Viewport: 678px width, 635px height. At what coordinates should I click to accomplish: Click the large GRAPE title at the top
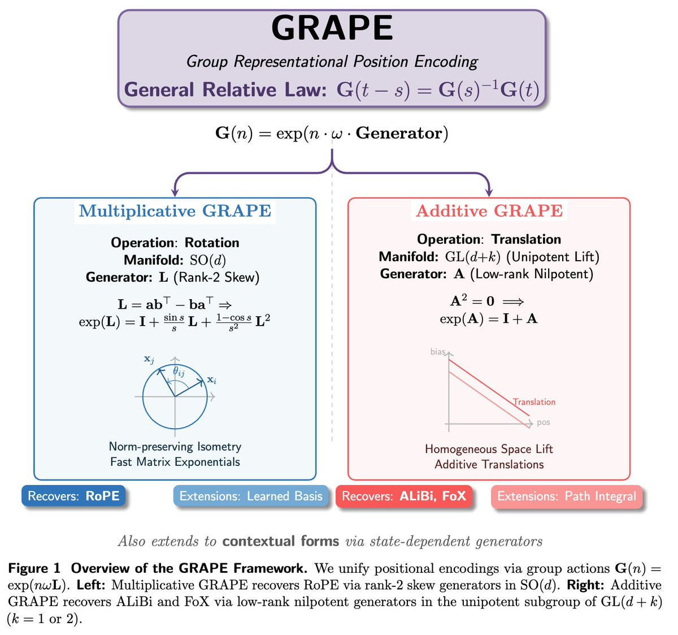(332, 28)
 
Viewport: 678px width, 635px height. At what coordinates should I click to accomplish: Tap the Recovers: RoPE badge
(73, 496)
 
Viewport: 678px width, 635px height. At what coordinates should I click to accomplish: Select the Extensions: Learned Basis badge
(251, 496)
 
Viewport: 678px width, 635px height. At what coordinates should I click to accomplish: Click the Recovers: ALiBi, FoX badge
(404, 496)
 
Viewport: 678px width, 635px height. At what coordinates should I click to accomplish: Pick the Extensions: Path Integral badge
(567, 496)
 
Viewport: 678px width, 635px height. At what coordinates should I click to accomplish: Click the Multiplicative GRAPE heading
(175, 211)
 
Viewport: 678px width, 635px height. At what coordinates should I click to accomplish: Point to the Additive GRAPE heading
(489, 211)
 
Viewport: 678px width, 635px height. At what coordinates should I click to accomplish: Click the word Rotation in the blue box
(212, 243)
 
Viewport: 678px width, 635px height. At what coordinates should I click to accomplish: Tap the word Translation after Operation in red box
(526, 239)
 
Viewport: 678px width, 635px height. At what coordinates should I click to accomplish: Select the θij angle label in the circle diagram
(179, 371)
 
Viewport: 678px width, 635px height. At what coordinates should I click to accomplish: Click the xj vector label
(149, 359)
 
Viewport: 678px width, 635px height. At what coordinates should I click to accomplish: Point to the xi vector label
(212, 380)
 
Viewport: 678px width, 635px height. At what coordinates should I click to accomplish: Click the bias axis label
(438, 352)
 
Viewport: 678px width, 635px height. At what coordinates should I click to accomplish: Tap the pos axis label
(544, 422)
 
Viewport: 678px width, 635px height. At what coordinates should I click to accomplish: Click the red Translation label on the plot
(534, 402)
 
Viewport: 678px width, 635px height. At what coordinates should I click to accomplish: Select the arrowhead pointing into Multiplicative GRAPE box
(175, 192)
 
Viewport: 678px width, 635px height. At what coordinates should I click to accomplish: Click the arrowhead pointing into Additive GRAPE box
(489, 192)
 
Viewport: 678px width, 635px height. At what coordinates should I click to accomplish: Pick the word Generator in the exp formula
(399, 133)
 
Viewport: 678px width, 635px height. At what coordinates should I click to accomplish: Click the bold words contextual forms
(281, 541)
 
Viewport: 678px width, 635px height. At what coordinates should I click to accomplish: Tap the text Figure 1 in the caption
(34, 568)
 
